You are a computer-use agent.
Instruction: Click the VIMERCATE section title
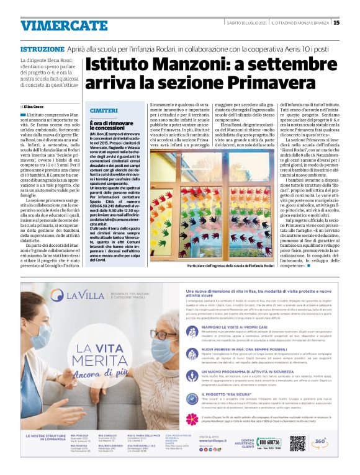click(55, 25)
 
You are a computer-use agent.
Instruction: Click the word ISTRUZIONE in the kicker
click(42, 48)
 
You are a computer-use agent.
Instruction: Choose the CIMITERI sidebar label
click(104, 110)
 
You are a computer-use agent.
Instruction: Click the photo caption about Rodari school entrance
click(231, 266)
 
